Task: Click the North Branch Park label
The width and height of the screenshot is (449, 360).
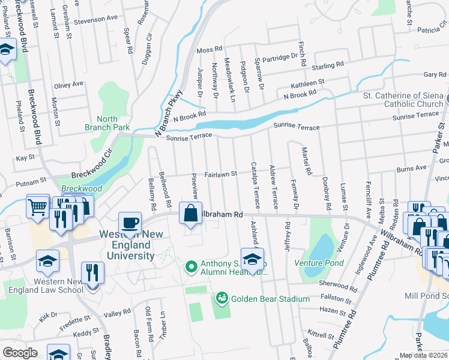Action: pyautogui.click(x=106, y=123)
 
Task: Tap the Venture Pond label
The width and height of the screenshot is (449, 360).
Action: pyautogui.click(x=319, y=263)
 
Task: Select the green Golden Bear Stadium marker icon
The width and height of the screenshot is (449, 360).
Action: pyautogui.click(x=221, y=298)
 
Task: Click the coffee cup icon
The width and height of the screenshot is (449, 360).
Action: pyautogui.click(x=129, y=224)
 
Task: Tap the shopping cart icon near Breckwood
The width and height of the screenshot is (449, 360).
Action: pyautogui.click(x=37, y=207)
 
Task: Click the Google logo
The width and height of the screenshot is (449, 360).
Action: pyautogui.click(x=20, y=352)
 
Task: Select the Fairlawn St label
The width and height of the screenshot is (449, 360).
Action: pyautogui.click(x=221, y=173)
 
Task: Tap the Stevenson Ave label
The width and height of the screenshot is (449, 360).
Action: pyautogui.click(x=97, y=19)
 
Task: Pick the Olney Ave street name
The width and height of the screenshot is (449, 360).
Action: pyautogui.click(x=68, y=85)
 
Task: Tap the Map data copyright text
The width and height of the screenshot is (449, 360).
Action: pyautogui.click(x=423, y=355)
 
